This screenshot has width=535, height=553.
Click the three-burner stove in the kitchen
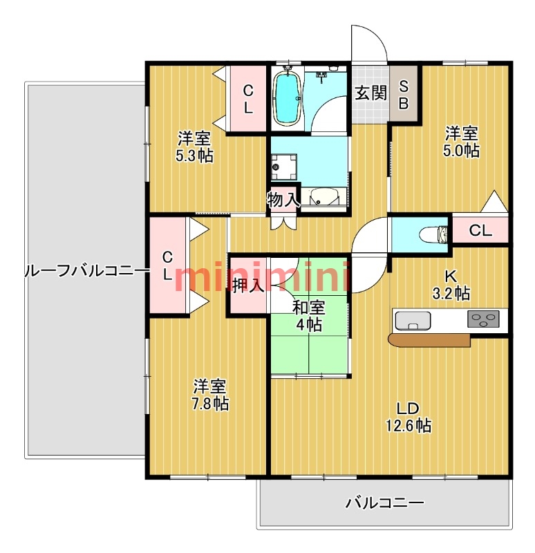pyautogui.click(x=483, y=319)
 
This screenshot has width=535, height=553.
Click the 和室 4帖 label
pyautogui.click(x=309, y=315)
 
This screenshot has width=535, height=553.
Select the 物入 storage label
pyautogui.click(x=283, y=200)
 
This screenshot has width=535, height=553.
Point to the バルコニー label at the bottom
pyautogui.click(x=384, y=503)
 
